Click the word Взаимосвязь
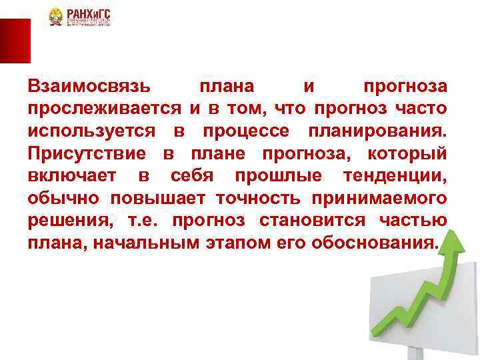click(90, 87)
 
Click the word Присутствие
click(87, 153)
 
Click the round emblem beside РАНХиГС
click(56, 17)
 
